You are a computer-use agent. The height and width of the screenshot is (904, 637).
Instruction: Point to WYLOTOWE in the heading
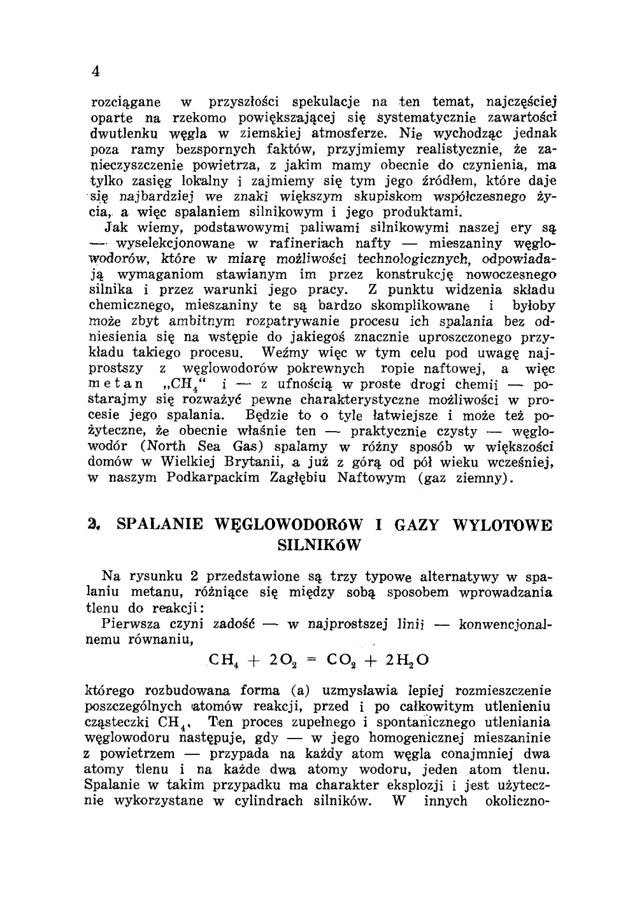pyautogui.click(x=503, y=525)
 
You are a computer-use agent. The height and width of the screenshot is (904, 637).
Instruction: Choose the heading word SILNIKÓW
pyautogui.click(x=320, y=546)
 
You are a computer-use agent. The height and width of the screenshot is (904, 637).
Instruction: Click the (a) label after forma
pyautogui.click(x=300, y=691)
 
